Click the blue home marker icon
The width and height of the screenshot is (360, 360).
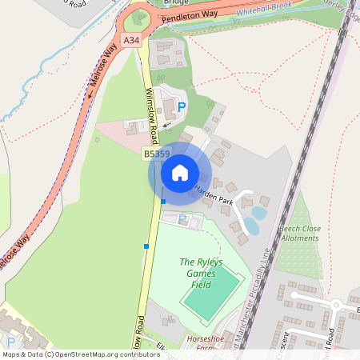[180, 172]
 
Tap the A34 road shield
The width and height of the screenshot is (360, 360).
[131, 39]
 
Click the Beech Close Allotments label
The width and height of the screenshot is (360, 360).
[300, 233]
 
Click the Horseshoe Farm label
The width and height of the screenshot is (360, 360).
[202, 343]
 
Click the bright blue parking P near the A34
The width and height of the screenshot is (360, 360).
[182, 106]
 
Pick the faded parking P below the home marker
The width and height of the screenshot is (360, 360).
[182, 218]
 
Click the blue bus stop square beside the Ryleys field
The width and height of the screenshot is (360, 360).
[146, 246]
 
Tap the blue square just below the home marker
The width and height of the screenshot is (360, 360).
[163, 201]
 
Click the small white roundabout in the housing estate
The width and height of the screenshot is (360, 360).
[337, 304]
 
